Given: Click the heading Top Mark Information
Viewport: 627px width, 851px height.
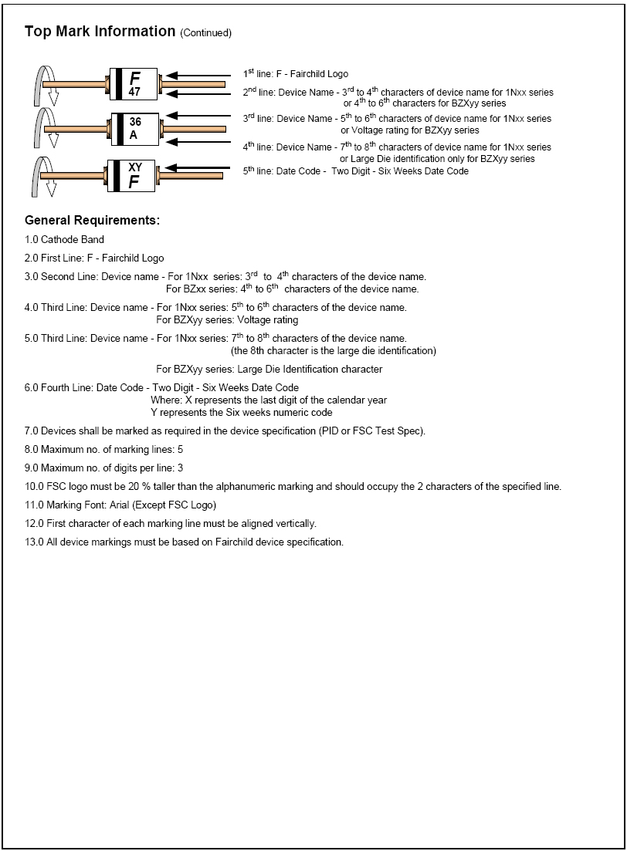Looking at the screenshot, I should tap(100, 32).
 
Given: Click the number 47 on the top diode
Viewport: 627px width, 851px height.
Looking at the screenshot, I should tap(134, 92).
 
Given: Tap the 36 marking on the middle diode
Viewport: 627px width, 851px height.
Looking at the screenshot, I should tap(135, 121).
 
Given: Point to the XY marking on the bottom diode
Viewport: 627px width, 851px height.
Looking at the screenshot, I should tap(135, 166).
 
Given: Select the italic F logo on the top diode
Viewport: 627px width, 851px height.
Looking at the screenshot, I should tap(135, 77).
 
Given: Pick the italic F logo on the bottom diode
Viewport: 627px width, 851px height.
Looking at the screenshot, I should tap(134, 182).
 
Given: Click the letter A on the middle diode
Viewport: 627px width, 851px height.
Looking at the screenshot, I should tap(133, 135).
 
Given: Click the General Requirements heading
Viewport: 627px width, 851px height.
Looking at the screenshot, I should tap(92, 221).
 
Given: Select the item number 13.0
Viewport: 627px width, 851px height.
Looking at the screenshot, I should tap(33, 542).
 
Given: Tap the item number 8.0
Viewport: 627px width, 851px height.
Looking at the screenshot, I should tap(31, 450).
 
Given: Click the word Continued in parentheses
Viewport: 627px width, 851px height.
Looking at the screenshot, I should tap(205, 33).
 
